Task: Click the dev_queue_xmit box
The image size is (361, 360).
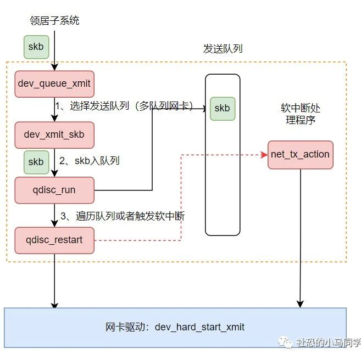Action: (54, 84)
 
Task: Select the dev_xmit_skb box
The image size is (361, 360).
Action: (54, 134)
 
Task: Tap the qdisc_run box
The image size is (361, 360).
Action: (54, 190)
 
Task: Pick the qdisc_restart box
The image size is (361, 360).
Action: (54, 240)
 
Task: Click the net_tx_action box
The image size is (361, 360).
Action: (300, 154)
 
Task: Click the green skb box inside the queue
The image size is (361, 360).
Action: (222, 108)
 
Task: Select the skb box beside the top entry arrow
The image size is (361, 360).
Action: (36, 47)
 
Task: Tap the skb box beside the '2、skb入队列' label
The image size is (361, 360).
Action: (36, 162)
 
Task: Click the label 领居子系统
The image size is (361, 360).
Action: (54, 21)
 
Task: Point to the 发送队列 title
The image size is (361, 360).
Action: (223, 49)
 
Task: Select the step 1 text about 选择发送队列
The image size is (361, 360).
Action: (124, 106)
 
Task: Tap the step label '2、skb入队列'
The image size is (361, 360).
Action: (90, 161)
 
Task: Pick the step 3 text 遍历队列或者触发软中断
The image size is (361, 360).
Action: (122, 216)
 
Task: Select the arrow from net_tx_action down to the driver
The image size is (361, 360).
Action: (300, 236)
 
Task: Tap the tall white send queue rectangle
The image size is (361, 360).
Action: (222, 176)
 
